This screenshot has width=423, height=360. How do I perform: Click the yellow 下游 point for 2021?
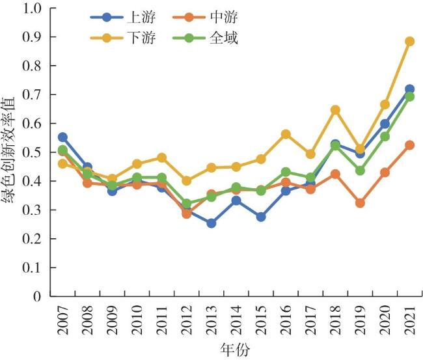409,41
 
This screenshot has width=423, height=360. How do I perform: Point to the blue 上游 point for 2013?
211,223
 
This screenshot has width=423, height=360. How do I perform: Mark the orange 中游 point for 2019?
360,203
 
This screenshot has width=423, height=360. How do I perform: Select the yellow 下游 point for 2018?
335,110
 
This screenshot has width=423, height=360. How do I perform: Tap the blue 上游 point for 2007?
62,137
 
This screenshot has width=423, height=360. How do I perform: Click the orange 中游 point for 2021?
409,145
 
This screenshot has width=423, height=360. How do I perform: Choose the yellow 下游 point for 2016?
286,134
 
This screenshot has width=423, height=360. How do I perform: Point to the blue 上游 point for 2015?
261,217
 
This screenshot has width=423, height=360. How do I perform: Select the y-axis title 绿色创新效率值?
12,154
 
